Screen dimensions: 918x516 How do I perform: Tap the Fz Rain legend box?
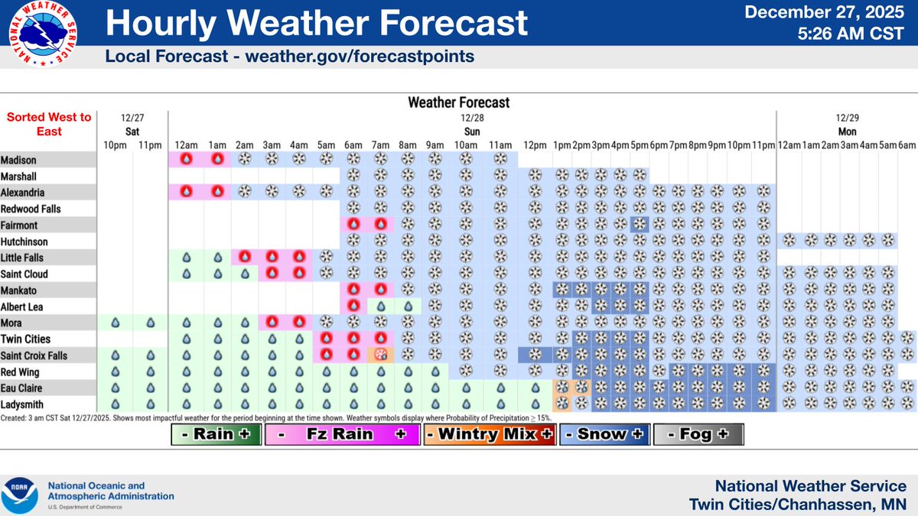click(x=341, y=433)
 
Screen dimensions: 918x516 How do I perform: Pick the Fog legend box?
click(x=698, y=433)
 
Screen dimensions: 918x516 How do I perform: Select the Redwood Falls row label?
click(x=31, y=209)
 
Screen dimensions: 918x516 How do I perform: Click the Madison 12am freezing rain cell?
click(x=185, y=160)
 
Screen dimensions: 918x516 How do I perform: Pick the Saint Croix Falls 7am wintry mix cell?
click(x=380, y=355)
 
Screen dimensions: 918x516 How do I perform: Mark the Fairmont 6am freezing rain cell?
click(x=354, y=225)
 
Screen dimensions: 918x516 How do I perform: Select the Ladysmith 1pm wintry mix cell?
click(x=562, y=404)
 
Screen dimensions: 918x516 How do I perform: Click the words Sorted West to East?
click(x=49, y=124)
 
